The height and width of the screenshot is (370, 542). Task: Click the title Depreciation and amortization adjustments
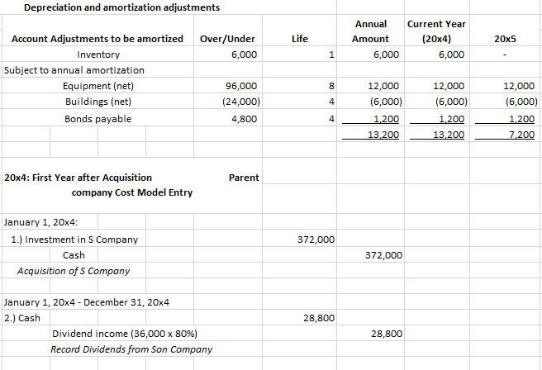121,8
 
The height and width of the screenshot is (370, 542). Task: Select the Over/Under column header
227,39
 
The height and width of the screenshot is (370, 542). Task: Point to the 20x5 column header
504,39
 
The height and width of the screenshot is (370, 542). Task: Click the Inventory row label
98,55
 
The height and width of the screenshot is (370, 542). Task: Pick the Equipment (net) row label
98,86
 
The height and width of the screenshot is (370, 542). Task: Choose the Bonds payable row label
97,118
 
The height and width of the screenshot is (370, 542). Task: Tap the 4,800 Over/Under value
244,118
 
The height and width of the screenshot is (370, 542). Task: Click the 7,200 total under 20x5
520,134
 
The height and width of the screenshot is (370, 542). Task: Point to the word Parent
244,178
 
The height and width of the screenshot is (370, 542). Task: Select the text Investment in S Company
77,240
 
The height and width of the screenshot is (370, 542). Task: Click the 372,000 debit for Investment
315,240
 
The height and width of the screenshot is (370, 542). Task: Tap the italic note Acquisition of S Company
73,271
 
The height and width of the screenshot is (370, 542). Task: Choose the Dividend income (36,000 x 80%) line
124,334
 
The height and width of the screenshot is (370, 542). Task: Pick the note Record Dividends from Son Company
131,349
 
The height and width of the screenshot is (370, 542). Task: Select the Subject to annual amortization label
74,70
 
